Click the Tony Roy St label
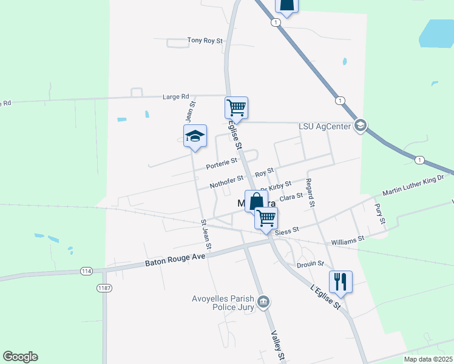(205, 41)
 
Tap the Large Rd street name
(176, 96)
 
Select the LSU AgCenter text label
(325, 126)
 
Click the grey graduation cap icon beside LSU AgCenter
(360, 126)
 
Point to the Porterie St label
(221, 163)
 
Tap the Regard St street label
(310, 193)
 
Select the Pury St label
(380, 214)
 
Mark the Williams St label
(348, 239)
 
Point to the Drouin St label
(311, 264)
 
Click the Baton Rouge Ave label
(176, 260)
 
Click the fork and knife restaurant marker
(340, 281)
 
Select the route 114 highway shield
(86, 271)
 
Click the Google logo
(20, 357)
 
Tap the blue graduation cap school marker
(195, 136)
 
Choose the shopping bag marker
(256, 201)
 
